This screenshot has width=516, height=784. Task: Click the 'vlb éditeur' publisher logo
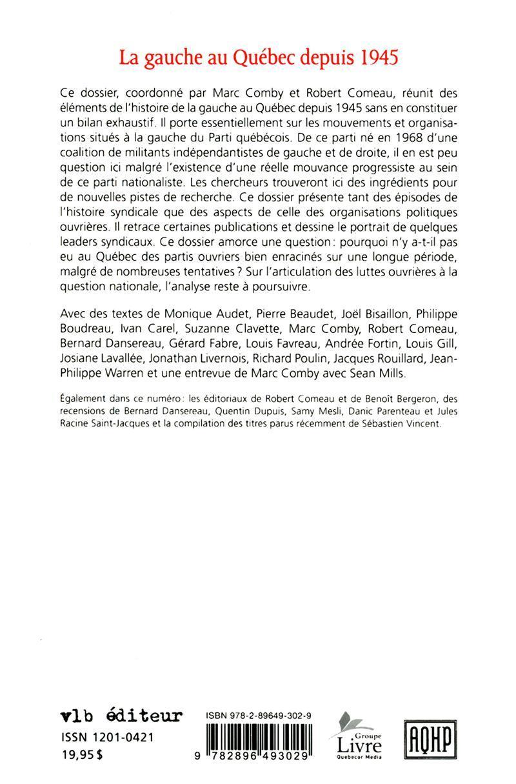(121, 715)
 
